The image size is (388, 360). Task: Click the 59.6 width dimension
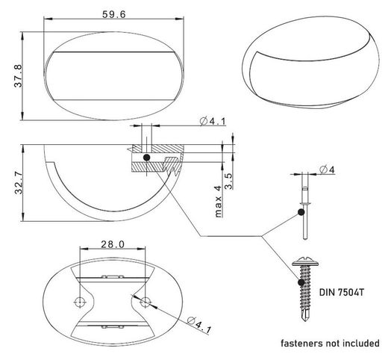(114, 14)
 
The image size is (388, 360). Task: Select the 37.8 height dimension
(18, 76)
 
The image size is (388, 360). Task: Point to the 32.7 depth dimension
(19, 182)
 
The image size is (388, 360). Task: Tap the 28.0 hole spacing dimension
(113, 244)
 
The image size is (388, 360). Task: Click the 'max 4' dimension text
(218, 202)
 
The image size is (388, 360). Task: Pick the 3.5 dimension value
(228, 181)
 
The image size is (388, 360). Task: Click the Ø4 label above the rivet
(328, 170)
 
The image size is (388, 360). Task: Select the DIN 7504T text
(341, 292)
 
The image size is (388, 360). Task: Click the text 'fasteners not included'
(330, 344)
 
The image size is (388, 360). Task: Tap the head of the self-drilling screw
(305, 261)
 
